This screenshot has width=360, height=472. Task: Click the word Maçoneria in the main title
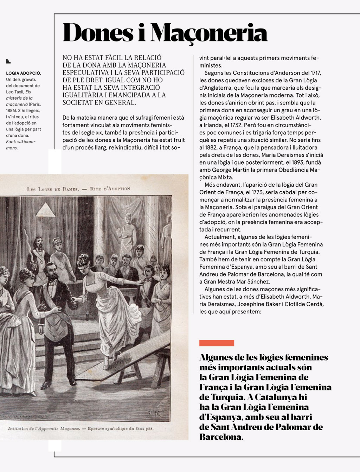pyautogui.click(x=210, y=33)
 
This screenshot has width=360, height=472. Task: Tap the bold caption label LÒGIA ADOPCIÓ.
pyautogui.click(x=24, y=73)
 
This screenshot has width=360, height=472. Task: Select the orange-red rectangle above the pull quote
pyautogui.click(x=217, y=343)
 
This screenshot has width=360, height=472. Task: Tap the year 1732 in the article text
pyautogui.click(x=245, y=125)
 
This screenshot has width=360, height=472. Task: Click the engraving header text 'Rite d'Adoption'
pyautogui.click(x=110, y=189)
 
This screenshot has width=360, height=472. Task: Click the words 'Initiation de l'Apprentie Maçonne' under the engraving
pyautogui.click(x=44, y=429)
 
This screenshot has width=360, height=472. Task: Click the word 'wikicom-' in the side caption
pyautogui.click(x=26, y=142)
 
